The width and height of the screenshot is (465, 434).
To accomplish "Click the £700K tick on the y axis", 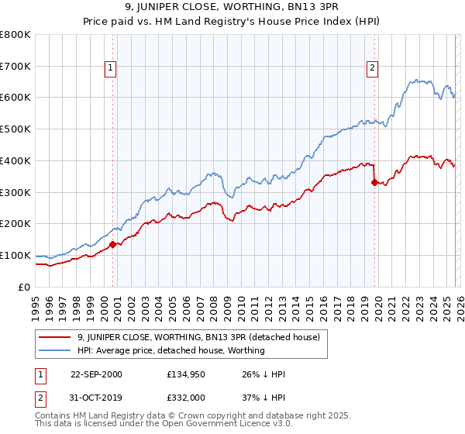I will click(x=15, y=66).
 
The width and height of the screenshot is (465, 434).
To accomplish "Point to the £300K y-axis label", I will click(x=15, y=192).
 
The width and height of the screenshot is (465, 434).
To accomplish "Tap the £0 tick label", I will click(x=24, y=287).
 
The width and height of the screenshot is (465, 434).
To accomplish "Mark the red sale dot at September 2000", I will click(x=112, y=244).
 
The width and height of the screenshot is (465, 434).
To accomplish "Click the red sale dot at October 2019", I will click(x=374, y=182).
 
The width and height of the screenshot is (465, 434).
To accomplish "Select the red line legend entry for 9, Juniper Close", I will click(x=203, y=337).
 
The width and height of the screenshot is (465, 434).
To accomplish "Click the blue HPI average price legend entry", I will click(x=170, y=350).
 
